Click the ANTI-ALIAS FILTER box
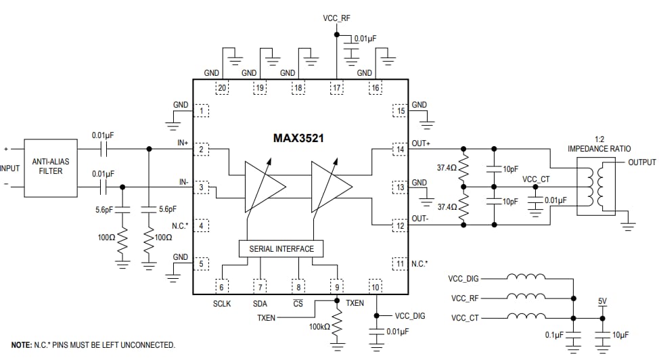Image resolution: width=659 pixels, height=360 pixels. pyautogui.click(x=51, y=166)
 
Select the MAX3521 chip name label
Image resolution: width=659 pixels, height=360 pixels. pyautogui.click(x=298, y=138)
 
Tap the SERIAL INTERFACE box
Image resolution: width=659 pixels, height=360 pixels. pyautogui.click(x=281, y=248)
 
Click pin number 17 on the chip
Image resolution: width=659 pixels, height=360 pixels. pyautogui.click(x=336, y=87)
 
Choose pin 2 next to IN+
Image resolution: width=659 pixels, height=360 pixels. pyautogui.click(x=202, y=149)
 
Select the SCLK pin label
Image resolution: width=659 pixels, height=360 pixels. pyautogui.click(x=221, y=304)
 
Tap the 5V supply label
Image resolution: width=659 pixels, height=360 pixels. pyautogui.click(x=603, y=301)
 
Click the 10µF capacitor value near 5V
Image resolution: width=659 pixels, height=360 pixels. pyautogui.click(x=619, y=335)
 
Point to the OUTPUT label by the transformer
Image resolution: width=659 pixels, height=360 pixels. pyautogui.click(x=641, y=162)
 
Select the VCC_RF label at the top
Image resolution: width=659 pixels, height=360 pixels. pyautogui.click(x=336, y=18)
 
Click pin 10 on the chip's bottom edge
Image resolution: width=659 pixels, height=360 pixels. pyautogui.click(x=375, y=286)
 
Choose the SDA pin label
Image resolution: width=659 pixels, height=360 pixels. pyautogui.click(x=260, y=304)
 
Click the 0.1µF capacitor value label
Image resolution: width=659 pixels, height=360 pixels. pyautogui.click(x=554, y=335)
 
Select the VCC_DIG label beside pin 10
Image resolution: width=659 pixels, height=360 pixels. pyautogui.click(x=411, y=316)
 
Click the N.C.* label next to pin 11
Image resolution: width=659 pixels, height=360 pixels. pyautogui.click(x=419, y=263)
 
